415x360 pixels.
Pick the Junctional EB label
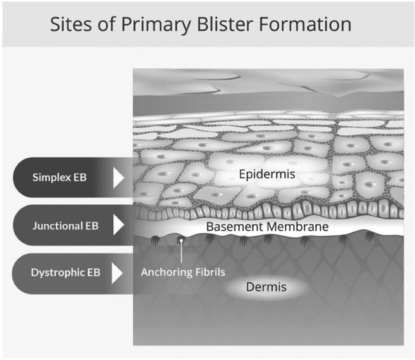click(x=62, y=225)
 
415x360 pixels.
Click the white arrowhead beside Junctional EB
click(x=118, y=225)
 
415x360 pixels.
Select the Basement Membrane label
click(x=267, y=227)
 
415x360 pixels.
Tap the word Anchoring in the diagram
click(x=165, y=272)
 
